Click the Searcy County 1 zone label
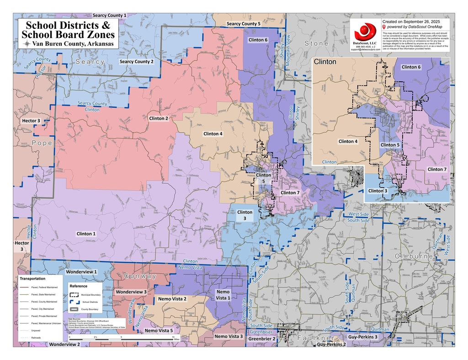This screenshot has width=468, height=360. click(x=110, y=15)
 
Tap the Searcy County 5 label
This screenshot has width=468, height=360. click(x=243, y=23)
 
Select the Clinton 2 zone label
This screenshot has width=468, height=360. click(x=159, y=118)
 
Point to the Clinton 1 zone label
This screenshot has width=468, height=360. click(x=86, y=233)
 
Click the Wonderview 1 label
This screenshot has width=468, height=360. click(x=81, y=271)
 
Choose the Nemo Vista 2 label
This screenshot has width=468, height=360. click(x=172, y=298)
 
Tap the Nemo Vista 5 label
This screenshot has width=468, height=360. click(x=159, y=330)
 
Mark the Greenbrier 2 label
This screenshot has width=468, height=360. click(x=261, y=339)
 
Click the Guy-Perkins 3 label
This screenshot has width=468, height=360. click(x=362, y=337)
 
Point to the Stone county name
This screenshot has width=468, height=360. click(x=316, y=43)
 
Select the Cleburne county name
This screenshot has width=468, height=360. click(x=414, y=256)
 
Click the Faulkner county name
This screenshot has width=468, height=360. click(x=316, y=338)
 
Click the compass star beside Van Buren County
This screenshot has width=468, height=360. click(x=27, y=43)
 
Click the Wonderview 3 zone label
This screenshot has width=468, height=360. click(x=131, y=291)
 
